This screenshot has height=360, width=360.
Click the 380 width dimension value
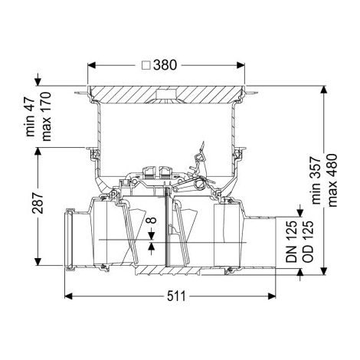click(165, 65)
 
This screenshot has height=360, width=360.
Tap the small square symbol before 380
click(146, 65)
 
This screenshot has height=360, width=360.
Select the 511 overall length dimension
click(176, 296)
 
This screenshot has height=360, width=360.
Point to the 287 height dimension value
click(38, 203)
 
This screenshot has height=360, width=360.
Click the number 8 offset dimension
click(152, 220)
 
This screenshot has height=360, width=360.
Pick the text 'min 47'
click(31, 117)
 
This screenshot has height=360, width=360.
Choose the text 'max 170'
click(47, 116)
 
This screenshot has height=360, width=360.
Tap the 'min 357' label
click(316, 180)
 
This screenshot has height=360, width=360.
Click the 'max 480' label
click(332, 180)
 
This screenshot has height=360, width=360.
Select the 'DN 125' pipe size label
click(291, 241)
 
